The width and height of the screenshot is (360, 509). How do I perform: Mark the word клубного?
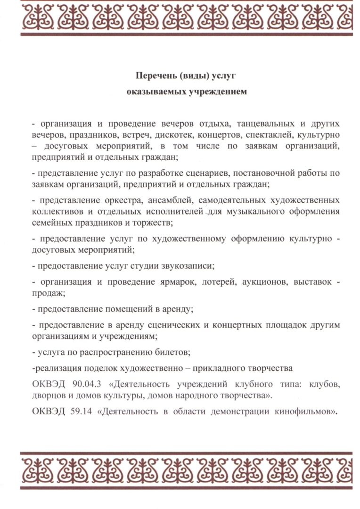click(265, 384)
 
